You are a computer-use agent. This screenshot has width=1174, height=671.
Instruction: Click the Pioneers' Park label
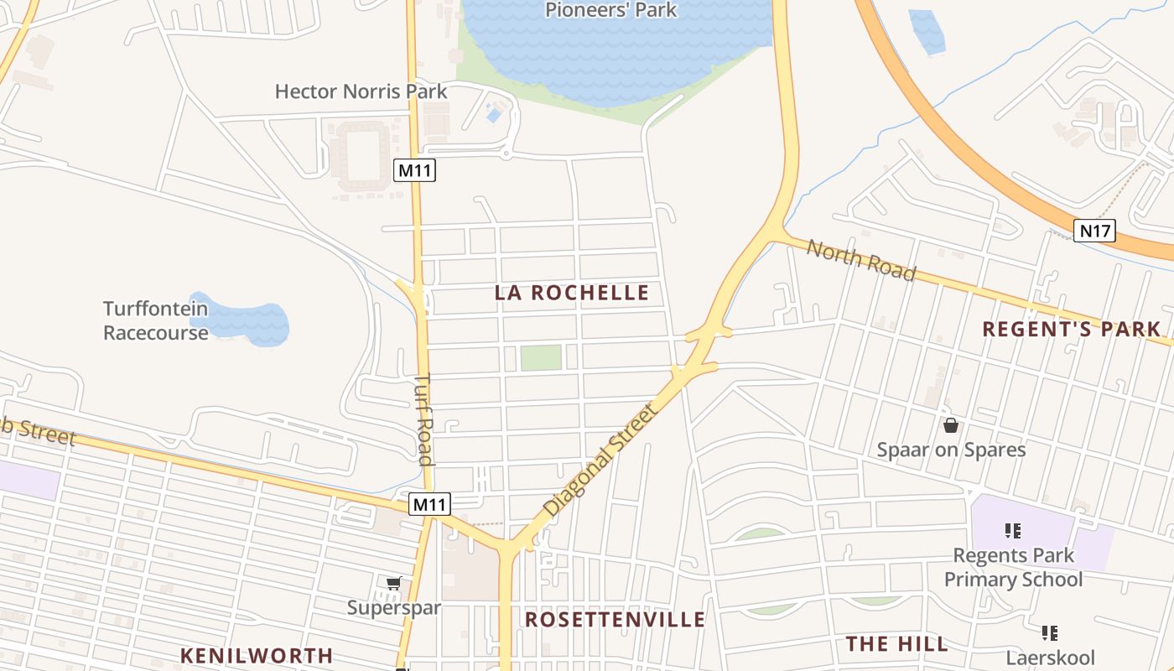[610, 11]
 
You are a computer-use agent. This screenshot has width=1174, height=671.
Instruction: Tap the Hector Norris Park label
[361, 91]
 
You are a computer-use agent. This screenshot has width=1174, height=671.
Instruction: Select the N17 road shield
[1094, 231]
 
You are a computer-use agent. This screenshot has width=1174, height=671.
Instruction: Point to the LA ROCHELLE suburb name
[572, 293]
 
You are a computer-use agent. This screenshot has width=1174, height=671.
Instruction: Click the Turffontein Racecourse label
[155, 320]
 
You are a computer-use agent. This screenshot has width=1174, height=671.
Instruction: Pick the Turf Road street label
[424, 419]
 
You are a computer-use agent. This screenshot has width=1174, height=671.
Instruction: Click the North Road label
[861, 259]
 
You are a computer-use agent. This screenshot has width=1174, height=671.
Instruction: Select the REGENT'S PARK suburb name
[1071, 329]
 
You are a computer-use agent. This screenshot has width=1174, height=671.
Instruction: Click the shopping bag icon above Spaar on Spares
[950, 425]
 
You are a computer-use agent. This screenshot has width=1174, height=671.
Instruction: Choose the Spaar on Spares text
[951, 450]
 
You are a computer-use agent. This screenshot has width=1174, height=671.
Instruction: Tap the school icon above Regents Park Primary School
[1012, 530]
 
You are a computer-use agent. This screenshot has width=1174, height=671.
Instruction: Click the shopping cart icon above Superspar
[393, 583]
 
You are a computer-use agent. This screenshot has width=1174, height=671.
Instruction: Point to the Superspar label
[394, 607]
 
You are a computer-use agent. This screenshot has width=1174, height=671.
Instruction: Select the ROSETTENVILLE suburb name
[615, 620]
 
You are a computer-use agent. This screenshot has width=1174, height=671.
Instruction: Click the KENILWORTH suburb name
[257, 655]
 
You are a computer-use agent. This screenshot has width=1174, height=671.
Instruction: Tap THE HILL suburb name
[896, 644]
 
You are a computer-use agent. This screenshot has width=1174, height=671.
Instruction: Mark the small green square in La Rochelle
[541, 357]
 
